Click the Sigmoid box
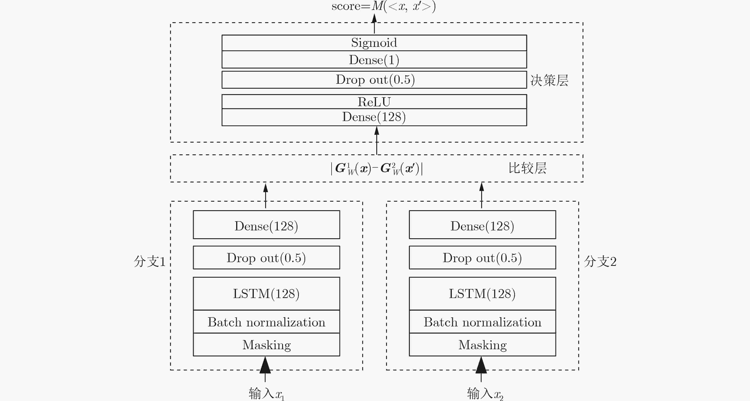[x=374, y=43]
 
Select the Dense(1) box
[x=374, y=60]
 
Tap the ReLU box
[x=374, y=102]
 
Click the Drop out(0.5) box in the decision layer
[x=374, y=80]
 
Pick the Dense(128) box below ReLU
[x=374, y=117]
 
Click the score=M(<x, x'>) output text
[x=384, y=6]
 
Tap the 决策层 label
[x=549, y=80]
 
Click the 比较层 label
[x=528, y=168]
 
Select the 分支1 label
[x=150, y=261]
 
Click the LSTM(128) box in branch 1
[x=266, y=293]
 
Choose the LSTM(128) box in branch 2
[x=482, y=293]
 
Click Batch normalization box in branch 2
[x=482, y=322]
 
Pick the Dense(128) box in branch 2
[x=482, y=225]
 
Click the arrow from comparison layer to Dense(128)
[x=377, y=140]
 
